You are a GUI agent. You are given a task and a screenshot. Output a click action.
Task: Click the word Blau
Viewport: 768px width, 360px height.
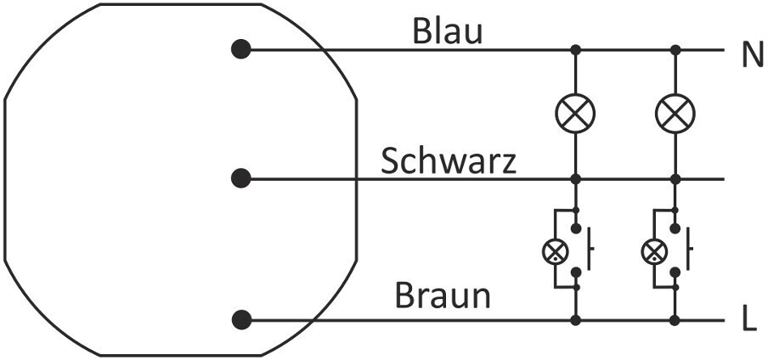tap(447, 31)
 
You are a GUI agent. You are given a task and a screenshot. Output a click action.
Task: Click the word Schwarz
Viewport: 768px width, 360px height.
tap(448, 161)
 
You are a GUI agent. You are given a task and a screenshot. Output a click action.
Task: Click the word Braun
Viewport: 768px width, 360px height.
tap(442, 296)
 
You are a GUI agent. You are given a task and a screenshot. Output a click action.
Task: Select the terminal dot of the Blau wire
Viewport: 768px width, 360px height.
tap(241, 49)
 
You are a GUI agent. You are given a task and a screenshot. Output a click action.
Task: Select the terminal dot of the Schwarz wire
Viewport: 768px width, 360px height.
tap(241, 178)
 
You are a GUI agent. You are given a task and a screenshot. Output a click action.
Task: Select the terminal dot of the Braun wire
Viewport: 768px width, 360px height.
tap(241, 320)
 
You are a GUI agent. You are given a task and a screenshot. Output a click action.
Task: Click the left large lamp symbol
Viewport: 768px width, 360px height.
tap(575, 113)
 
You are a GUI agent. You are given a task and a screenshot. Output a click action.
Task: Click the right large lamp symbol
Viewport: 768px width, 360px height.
tap(676, 113)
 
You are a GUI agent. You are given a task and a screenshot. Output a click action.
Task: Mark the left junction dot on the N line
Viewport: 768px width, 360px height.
tap(575, 49)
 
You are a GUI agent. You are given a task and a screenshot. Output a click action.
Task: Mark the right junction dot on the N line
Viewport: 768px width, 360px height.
tap(676, 49)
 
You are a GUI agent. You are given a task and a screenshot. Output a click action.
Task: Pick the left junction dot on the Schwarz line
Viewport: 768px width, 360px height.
tap(575, 179)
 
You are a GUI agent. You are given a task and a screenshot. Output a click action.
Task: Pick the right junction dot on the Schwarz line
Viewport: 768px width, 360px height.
tap(676, 179)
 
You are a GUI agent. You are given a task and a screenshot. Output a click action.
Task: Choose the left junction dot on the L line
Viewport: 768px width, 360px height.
tap(575, 320)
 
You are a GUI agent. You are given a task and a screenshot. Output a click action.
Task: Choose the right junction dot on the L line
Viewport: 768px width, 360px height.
tap(676, 320)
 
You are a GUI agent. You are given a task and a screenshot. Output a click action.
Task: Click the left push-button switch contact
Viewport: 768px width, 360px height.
tap(586, 250)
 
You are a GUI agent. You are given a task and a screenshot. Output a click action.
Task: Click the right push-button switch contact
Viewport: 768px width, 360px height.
tap(686, 250)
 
